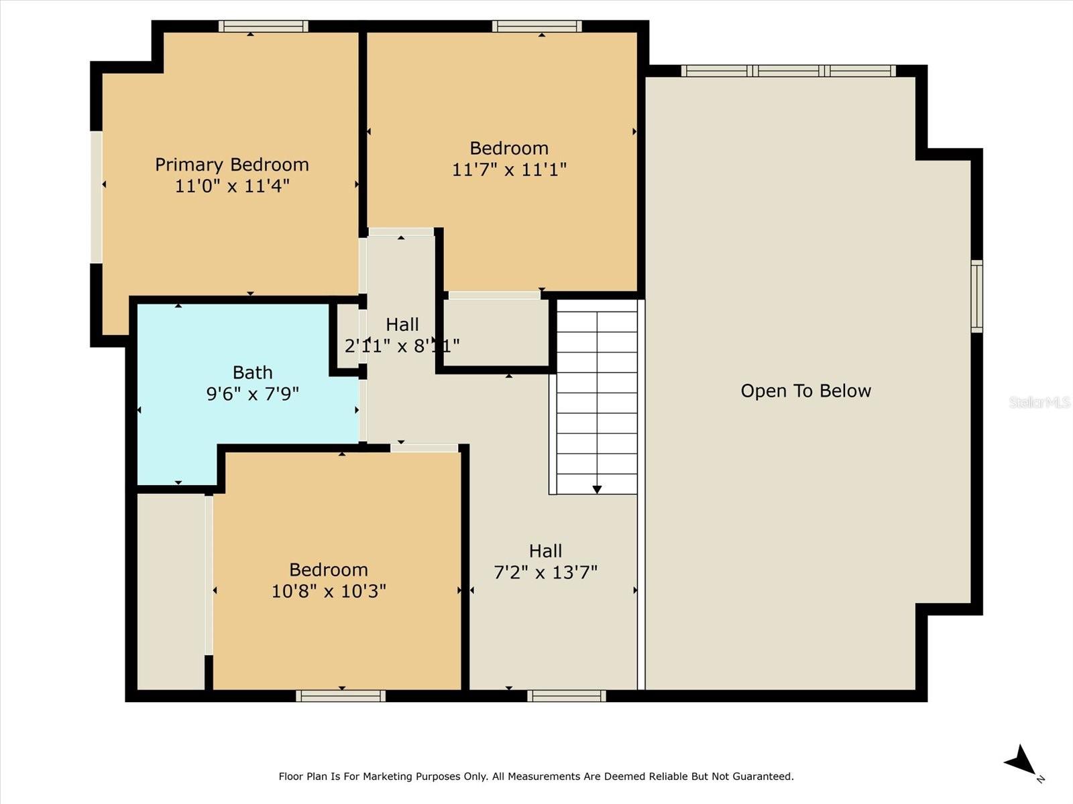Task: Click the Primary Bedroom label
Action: pos(232,165)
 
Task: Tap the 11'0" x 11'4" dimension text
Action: pos(232,186)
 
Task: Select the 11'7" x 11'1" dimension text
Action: pos(509,170)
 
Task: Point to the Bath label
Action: pos(252,373)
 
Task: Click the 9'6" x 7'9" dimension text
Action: pos(252,393)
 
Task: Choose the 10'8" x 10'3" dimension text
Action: pos(329,591)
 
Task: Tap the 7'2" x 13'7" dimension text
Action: pos(545,572)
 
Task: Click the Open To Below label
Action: pos(805,391)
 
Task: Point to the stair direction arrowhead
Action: pos(597,489)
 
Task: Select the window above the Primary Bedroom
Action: pos(263,26)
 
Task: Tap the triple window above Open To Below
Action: pos(789,71)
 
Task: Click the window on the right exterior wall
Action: pos(976,296)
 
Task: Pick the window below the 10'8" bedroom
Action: pos(341,695)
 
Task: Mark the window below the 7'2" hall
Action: pos(567,695)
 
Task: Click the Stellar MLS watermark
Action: pos(1039,402)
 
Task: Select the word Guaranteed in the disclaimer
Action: pos(766,776)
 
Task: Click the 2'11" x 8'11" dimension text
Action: pos(402,346)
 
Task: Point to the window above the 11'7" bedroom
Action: pos(536,26)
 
